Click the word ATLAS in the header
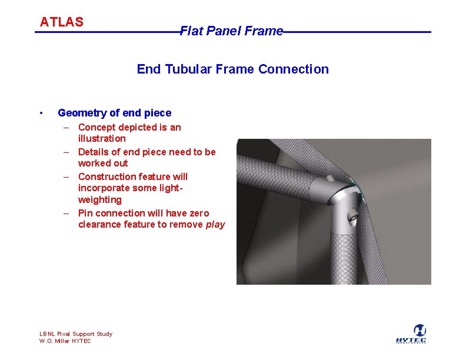point(61,22)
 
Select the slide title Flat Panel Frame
point(231,31)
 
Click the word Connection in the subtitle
point(294,69)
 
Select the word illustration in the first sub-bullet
point(102,139)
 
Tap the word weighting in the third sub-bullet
point(100,200)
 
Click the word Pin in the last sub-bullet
point(85,213)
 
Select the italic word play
point(215,225)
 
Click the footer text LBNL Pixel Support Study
point(75,334)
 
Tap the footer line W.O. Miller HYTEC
point(65,341)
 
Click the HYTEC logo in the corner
point(411,334)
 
